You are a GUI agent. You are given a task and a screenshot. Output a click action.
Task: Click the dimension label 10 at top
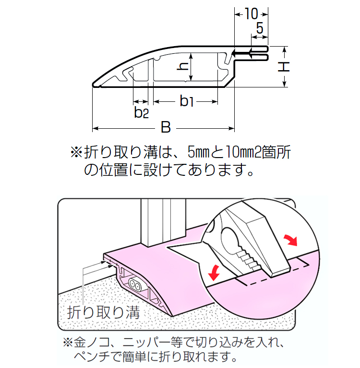pos(251,13)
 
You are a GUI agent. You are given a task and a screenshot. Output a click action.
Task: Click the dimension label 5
pos(260,28)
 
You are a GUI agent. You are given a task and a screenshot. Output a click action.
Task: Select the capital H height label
pos(285,67)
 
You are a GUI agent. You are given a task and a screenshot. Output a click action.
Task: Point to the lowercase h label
pos(182,68)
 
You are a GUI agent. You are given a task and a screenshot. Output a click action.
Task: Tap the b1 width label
pos(186,101)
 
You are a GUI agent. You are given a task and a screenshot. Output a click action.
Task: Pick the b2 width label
pos(141,113)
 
